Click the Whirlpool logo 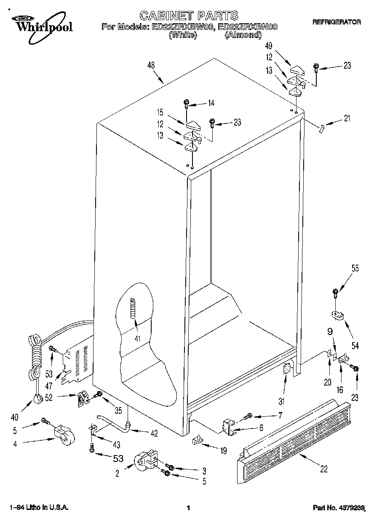(42, 24)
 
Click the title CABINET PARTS (189, 16)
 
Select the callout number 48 (151, 65)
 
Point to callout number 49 (268, 46)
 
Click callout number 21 (347, 119)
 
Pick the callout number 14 (211, 102)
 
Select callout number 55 (355, 268)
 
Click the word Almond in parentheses (243, 35)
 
